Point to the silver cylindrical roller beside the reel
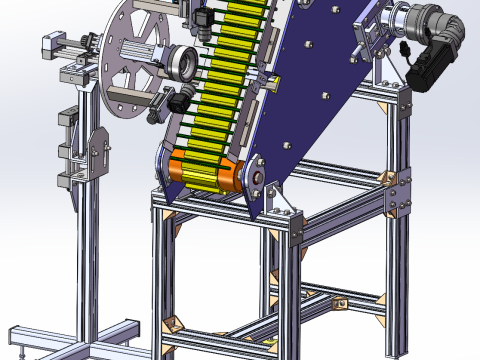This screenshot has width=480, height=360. (184, 63)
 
